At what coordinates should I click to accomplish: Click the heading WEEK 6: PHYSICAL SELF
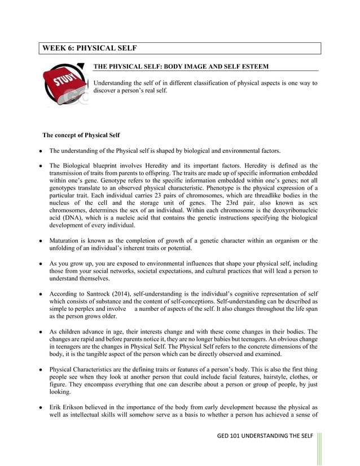tap(90, 48)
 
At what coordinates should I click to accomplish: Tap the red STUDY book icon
tap(64, 85)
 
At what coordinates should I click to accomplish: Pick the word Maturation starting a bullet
tap(68, 241)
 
